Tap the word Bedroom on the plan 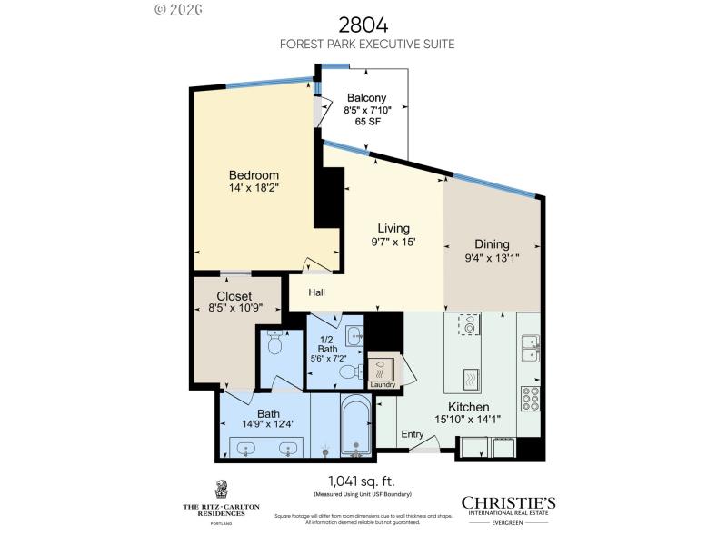254,175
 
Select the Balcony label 366,98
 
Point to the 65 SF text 366,122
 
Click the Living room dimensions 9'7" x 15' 393,243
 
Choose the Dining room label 492,243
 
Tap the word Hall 316,292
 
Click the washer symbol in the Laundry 383,368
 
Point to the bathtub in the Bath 356,427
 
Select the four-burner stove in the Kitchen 530,397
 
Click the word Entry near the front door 413,434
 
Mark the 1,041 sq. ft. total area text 363,481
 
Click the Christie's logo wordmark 508,503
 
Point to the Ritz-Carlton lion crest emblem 221,489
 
